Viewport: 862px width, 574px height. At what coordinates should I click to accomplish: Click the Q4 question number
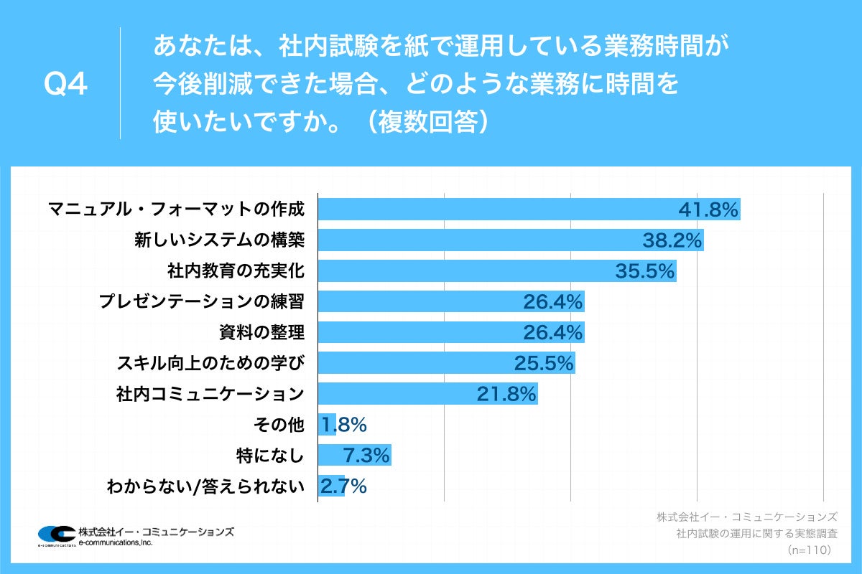[65, 85]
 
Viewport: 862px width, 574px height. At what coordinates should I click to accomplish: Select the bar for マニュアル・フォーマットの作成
[496, 210]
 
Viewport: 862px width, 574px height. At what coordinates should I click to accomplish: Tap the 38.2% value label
[672, 240]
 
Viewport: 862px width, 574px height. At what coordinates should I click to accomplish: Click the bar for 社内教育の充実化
[467, 271]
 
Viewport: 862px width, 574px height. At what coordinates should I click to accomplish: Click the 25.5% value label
[544, 363]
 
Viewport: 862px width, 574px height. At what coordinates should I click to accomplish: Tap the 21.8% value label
[506, 394]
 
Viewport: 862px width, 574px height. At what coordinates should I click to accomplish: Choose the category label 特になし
[270, 455]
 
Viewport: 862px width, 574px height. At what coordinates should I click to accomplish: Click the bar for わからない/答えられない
[331, 486]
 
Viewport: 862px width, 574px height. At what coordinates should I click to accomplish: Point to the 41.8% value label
[708, 210]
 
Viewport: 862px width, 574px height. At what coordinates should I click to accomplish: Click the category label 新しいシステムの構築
[220, 240]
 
